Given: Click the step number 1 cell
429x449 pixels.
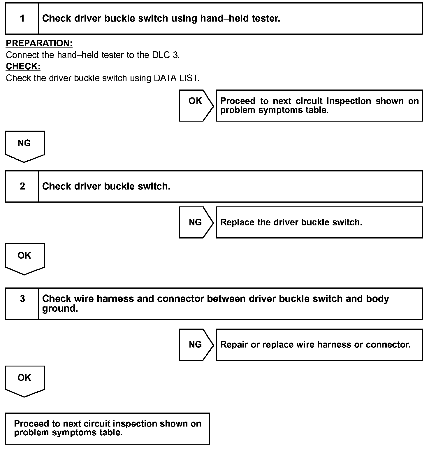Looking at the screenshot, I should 22,19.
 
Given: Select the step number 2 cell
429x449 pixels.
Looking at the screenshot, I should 22,186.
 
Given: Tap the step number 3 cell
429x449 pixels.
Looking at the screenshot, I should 22,304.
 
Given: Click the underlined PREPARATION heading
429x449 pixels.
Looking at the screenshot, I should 39,43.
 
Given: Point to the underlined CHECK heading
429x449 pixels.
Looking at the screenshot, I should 23,66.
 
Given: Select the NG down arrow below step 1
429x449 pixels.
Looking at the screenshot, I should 25,146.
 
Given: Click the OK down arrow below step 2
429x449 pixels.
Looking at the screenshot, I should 25,258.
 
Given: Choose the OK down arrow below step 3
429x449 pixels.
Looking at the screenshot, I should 25,380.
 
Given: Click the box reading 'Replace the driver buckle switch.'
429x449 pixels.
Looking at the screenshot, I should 319,222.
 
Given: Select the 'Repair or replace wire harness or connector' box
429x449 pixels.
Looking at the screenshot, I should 319,345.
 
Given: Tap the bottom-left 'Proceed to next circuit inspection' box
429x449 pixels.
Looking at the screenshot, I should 108,428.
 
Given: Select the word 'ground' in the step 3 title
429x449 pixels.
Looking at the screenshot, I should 60,308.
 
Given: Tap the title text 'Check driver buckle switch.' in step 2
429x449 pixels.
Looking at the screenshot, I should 106,186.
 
